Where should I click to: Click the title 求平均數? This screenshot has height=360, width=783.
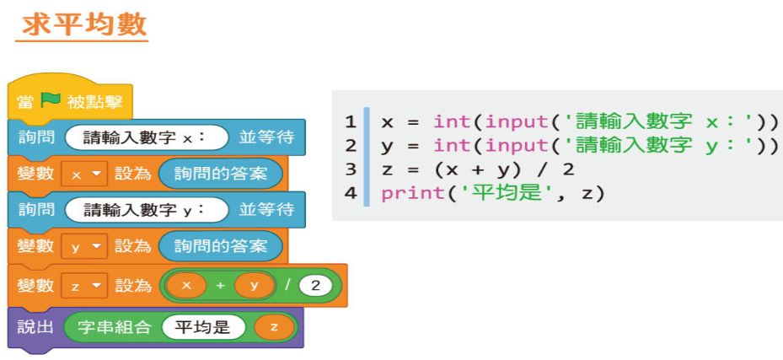click(83, 23)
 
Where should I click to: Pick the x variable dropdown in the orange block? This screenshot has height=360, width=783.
click(85, 174)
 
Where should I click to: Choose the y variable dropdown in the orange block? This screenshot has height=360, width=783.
click(85, 246)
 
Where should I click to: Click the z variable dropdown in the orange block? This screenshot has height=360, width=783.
click(85, 286)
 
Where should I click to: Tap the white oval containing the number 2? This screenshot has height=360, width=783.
click(315, 286)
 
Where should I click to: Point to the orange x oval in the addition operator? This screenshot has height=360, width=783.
click(187, 286)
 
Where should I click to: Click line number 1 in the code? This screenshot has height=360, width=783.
click(351, 121)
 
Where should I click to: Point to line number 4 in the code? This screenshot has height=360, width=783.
click(351, 193)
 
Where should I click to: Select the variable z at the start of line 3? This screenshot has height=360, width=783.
click(387, 169)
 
